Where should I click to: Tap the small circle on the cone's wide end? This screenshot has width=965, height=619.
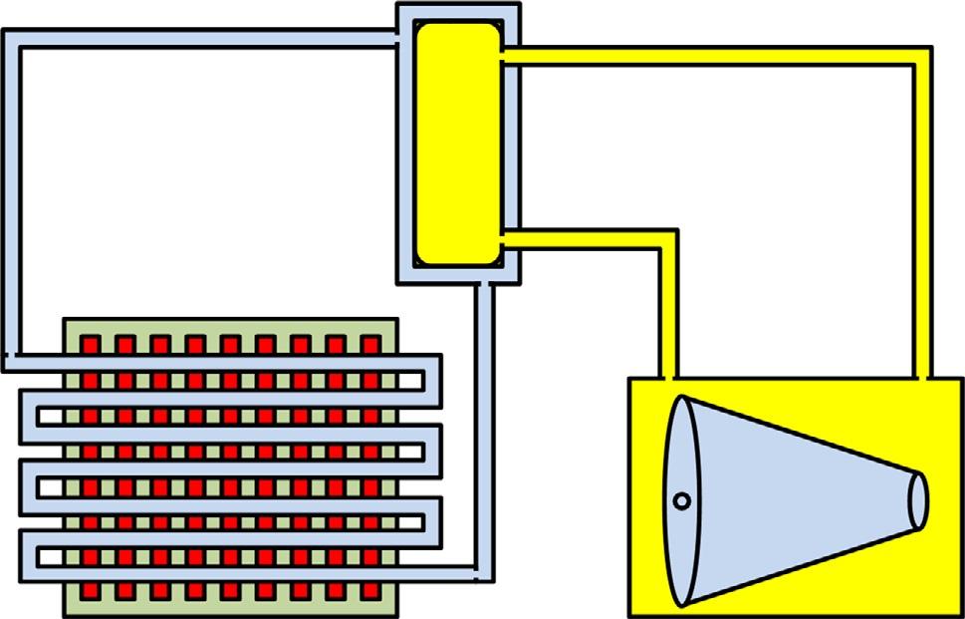tap(682, 501)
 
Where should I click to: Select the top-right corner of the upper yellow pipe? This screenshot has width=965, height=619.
tap(922, 60)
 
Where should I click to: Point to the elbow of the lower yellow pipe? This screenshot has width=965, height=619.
tap(667, 240)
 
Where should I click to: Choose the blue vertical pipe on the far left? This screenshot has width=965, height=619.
tap(12, 199)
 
